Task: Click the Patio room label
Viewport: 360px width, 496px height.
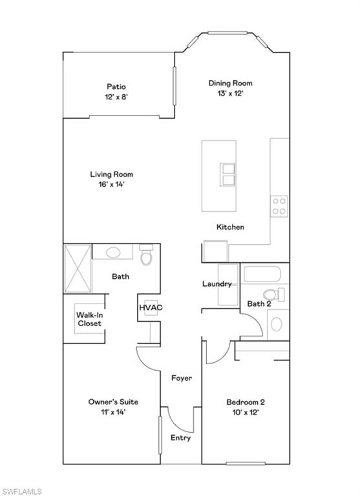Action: click(116, 87)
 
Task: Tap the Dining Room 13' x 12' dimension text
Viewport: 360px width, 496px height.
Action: click(230, 93)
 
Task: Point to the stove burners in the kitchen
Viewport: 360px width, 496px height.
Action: click(279, 206)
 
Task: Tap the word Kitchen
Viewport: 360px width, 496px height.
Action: click(230, 227)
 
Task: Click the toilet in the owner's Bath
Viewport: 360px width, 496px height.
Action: click(146, 256)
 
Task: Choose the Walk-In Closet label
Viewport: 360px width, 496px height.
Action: click(90, 319)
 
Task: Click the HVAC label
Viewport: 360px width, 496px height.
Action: click(151, 307)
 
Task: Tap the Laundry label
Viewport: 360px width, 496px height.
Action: click(217, 284)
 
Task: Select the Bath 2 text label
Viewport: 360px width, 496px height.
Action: click(259, 304)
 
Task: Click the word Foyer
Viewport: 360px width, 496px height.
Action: click(181, 378)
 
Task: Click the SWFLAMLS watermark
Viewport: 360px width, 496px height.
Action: click(21, 491)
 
